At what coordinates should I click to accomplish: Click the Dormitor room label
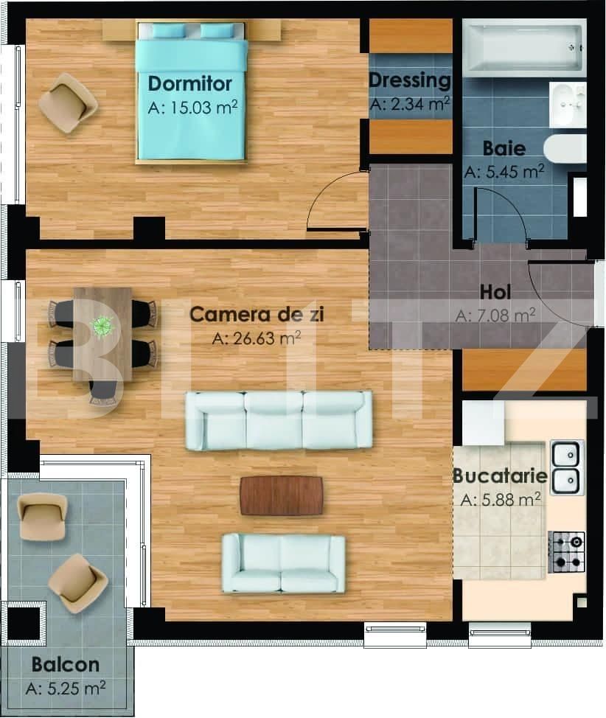pyautogui.click(x=190, y=83)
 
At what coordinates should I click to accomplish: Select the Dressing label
pyautogui.click(x=409, y=80)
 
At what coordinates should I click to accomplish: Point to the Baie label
pyautogui.click(x=504, y=148)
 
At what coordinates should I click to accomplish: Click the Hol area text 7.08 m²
pyautogui.click(x=495, y=316)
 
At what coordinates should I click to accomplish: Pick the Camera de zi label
pyautogui.click(x=257, y=315)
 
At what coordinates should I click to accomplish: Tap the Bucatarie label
pyautogui.click(x=500, y=475)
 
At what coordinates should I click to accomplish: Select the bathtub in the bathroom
pyautogui.click(x=523, y=48)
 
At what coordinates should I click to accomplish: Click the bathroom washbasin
pyautogui.click(x=568, y=105)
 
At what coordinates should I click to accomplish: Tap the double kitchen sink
pyautogui.click(x=566, y=467)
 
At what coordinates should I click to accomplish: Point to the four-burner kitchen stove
pyautogui.click(x=566, y=552)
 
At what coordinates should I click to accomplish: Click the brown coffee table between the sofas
pyautogui.click(x=282, y=495)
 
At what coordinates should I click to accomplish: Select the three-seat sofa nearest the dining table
pyautogui.click(x=279, y=420)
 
